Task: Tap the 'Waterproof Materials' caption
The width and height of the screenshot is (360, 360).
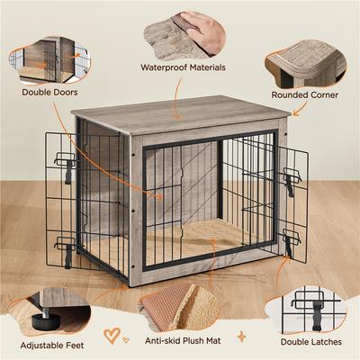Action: coord(183,67)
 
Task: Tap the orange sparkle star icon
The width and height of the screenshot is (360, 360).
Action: coord(240,335)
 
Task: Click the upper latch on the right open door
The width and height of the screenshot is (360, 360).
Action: coord(291,180)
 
